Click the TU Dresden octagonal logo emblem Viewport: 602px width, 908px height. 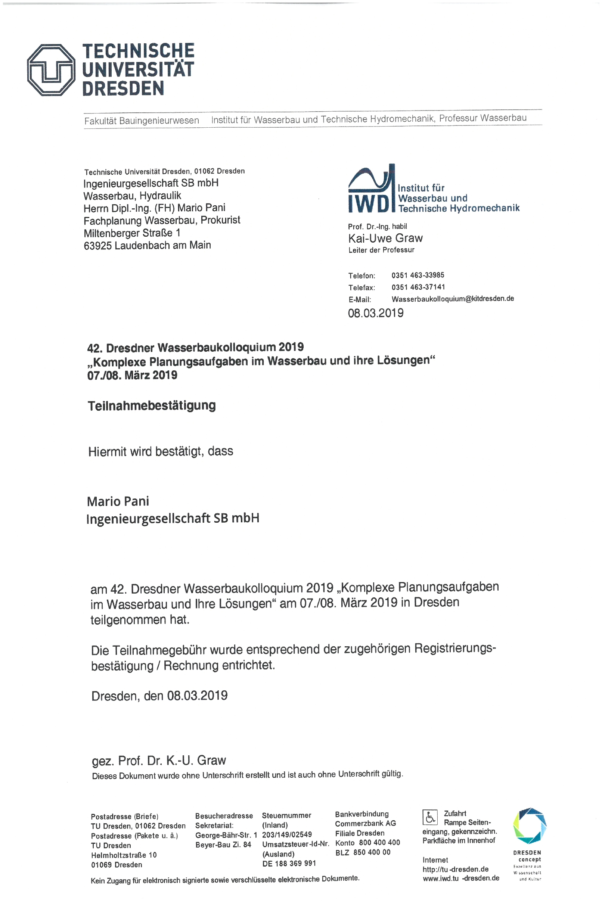click(x=51, y=70)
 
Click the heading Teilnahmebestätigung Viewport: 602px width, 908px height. click(x=152, y=405)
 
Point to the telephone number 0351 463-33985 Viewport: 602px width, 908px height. click(x=418, y=275)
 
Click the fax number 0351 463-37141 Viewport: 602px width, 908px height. click(x=418, y=287)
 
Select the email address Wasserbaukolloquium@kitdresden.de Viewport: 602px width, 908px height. click(x=453, y=299)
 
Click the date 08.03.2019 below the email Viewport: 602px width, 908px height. click(x=375, y=313)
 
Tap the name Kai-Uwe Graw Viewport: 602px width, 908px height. click(x=385, y=238)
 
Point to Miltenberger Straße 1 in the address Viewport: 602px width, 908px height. click(x=132, y=233)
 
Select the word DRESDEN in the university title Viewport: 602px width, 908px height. click(x=123, y=88)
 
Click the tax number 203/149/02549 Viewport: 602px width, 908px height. click(x=287, y=834)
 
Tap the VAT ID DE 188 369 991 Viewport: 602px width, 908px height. click(x=289, y=864)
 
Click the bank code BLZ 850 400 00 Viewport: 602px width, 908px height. click(x=363, y=852)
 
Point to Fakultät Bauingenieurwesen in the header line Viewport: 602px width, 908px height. click(x=142, y=121)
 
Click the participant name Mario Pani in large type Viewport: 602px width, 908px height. click(x=118, y=501)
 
